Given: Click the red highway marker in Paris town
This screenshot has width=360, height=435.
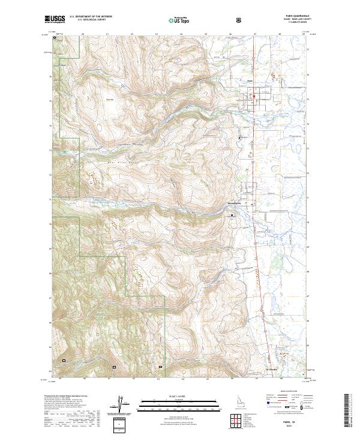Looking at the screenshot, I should tap(254, 96).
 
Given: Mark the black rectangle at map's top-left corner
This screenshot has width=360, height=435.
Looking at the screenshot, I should tap(55, 38).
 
